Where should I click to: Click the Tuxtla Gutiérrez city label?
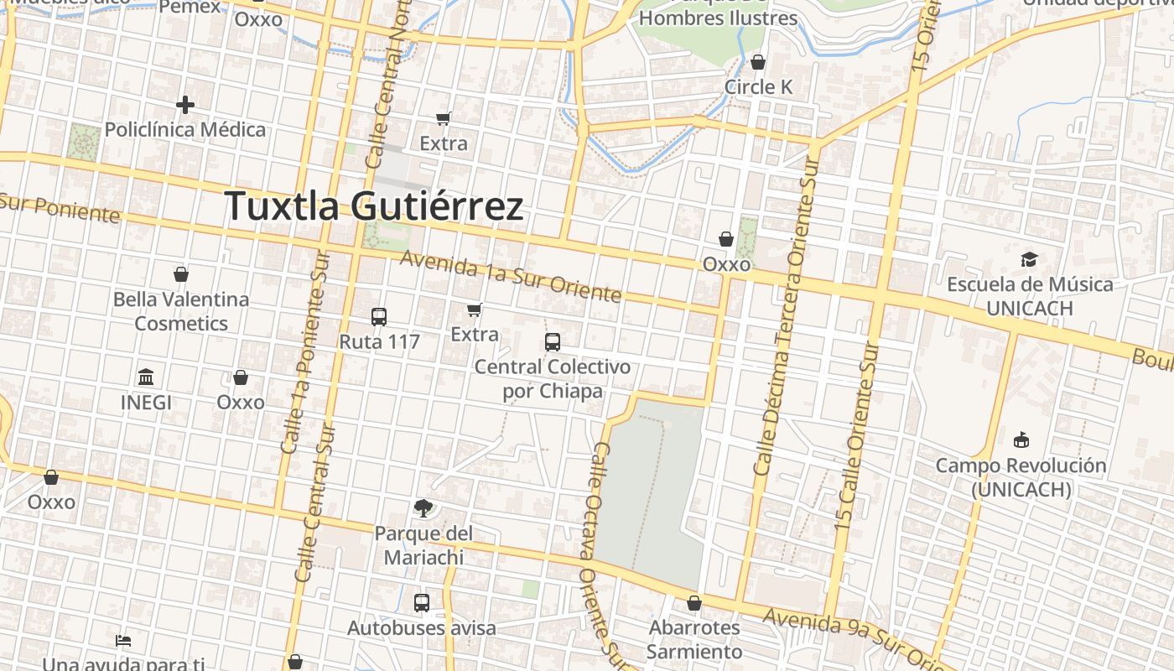click(374, 205)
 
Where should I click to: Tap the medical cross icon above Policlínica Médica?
click(185, 105)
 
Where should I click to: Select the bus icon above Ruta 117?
click(379, 317)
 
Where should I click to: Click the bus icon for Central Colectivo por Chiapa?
click(553, 342)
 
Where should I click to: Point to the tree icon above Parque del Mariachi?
click(423, 507)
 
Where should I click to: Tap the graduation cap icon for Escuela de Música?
click(1029, 259)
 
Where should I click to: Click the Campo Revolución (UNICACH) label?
click(1021, 476)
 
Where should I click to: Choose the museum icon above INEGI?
click(146, 377)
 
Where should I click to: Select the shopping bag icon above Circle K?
click(758, 62)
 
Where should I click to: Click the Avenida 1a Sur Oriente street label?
click(510, 277)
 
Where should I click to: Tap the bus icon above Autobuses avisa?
click(422, 602)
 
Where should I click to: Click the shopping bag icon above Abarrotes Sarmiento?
click(693, 602)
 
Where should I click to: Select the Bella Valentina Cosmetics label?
click(181, 311)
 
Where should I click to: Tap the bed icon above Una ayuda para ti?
click(123, 641)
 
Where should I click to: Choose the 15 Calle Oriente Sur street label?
click(856, 436)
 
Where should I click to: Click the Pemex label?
click(190, 8)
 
